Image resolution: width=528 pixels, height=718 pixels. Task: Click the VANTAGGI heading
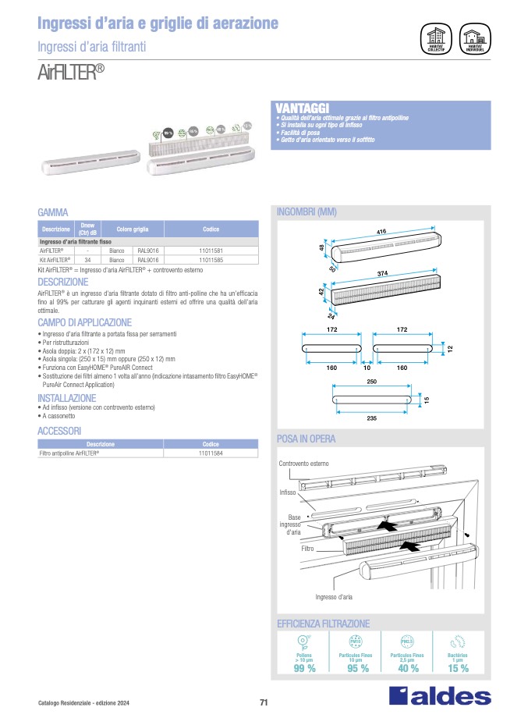tap(303, 107)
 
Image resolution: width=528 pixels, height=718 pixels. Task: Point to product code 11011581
tap(211, 251)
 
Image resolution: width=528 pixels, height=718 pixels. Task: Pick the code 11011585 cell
tap(211, 259)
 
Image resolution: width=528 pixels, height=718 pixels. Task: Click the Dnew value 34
tap(87, 259)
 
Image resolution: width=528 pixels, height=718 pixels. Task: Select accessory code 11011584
tap(211, 453)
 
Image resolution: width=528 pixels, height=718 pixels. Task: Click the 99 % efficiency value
tap(304, 669)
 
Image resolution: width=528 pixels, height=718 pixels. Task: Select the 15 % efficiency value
tap(458, 669)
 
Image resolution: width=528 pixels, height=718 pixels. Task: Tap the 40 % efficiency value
tap(408, 669)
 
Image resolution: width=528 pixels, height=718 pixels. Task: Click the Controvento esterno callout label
tap(303, 464)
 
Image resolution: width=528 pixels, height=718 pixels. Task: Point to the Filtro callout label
tap(307, 549)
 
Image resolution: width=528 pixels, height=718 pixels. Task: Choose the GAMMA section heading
tap(53, 212)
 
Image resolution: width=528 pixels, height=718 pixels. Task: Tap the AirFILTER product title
tap(70, 73)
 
